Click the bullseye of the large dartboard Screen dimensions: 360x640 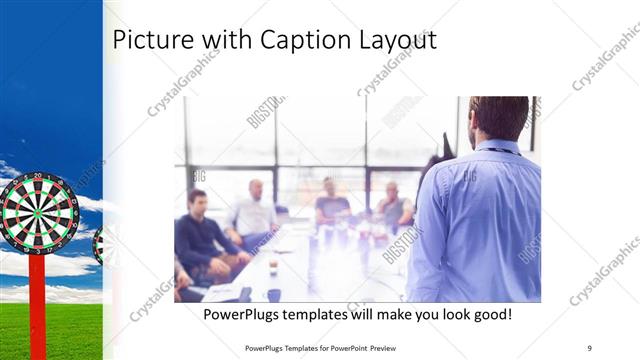tap(38, 212)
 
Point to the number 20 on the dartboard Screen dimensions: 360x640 tap(38, 176)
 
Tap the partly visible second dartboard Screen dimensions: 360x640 tap(98, 245)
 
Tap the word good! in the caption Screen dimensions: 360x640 tap(490, 314)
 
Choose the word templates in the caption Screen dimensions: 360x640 tap(319, 314)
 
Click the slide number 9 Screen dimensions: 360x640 tap(590, 347)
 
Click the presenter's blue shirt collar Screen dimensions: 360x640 tap(500, 148)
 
